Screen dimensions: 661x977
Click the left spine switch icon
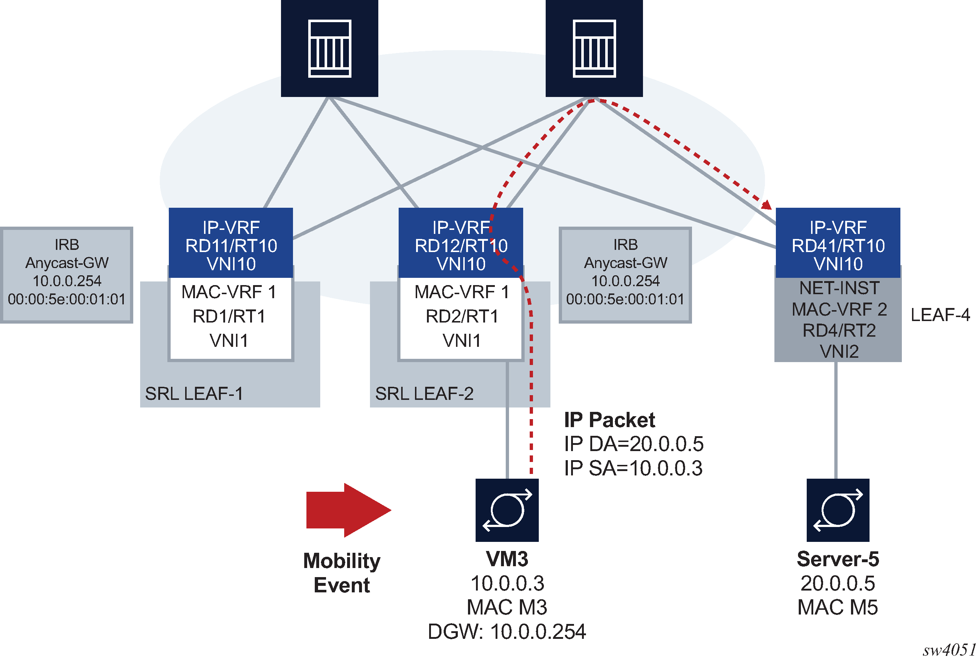click(x=329, y=48)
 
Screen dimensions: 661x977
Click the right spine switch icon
click(x=594, y=48)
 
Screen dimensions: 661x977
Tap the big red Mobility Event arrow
click(x=348, y=510)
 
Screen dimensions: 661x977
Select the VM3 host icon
click(x=506, y=510)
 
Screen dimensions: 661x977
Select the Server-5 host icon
click(x=838, y=510)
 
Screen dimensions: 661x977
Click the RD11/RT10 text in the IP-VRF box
click(x=231, y=246)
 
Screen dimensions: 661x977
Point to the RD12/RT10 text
click(x=461, y=246)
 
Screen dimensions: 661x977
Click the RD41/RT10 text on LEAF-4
click(x=838, y=246)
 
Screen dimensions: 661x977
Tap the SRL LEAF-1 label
click(x=194, y=394)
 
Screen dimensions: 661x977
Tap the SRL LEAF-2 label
click(x=424, y=394)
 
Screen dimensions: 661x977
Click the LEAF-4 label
click(x=940, y=315)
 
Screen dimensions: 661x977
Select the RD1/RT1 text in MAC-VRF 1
click(x=229, y=316)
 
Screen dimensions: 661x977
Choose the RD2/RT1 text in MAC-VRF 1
click(x=461, y=316)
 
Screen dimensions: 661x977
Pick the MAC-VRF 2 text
click(x=839, y=309)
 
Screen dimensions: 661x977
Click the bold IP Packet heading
click(x=609, y=419)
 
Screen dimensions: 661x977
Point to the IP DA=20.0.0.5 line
click(x=634, y=443)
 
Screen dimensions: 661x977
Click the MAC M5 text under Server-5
click(x=838, y=607)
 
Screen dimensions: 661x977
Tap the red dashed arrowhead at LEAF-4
click(x=767, y=205)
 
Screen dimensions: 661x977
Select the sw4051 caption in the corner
click(x=949, y=650)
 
